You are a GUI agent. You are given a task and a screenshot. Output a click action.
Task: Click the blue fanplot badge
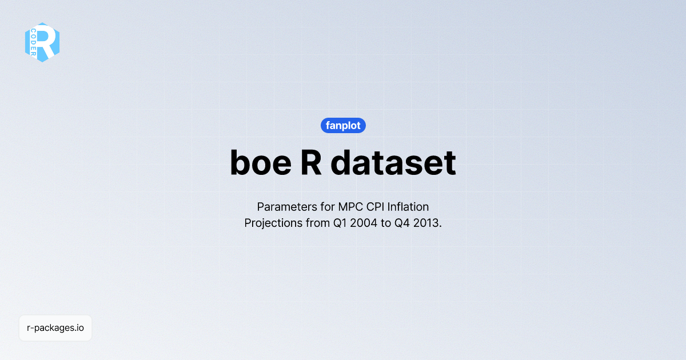[343, 125]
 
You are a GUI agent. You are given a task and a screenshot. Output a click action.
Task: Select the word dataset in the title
[393, 163]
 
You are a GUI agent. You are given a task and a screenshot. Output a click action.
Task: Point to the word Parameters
[284, 206]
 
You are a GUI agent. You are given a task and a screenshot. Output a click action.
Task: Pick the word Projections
[273, 223]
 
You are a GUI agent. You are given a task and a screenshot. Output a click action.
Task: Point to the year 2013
[428, 223]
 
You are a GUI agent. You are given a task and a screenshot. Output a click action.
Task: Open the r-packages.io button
[55, 328]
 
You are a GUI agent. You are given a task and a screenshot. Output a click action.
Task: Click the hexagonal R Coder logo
[42, 42]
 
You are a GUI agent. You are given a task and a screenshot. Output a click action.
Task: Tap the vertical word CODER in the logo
[34, 42]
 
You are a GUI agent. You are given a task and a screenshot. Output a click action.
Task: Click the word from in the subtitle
[318, 223]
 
